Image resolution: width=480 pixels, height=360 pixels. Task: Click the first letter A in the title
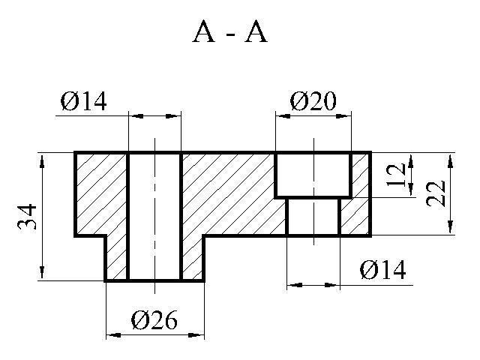[205, 33]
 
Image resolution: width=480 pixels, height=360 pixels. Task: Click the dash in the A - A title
[230, 35]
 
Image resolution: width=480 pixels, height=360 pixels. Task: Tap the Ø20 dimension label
[313, 100]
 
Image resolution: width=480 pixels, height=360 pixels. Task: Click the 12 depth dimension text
[399, 174]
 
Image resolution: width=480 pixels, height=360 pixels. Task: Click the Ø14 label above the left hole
[83, 100]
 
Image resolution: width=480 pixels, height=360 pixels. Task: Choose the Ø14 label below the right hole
[382, 270]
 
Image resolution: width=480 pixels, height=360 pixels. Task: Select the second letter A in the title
[256, 33]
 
